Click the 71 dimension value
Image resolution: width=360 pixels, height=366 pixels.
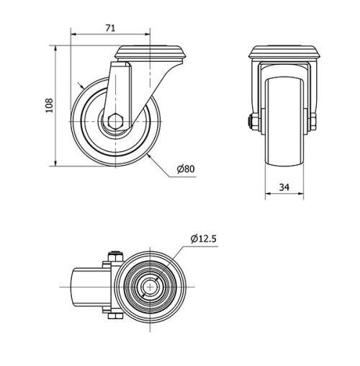110,28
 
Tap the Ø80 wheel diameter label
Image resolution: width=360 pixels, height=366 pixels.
186,169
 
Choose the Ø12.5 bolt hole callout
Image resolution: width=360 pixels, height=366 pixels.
204,238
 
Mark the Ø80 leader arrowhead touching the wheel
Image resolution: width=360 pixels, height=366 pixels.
148,154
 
